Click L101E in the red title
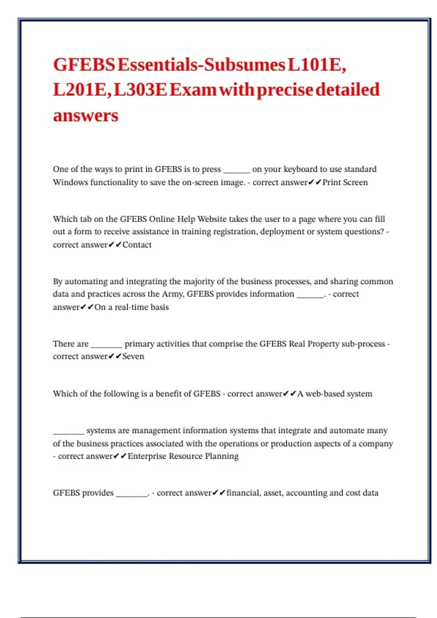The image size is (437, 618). (316, 65)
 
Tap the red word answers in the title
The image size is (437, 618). (86, 116)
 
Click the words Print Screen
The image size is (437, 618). (345, 182)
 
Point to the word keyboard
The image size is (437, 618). (300, 169)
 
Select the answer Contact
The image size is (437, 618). (137, 245)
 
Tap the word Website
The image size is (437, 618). (212, 219)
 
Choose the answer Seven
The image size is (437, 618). (133, 357)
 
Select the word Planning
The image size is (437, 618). (222, 456)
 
